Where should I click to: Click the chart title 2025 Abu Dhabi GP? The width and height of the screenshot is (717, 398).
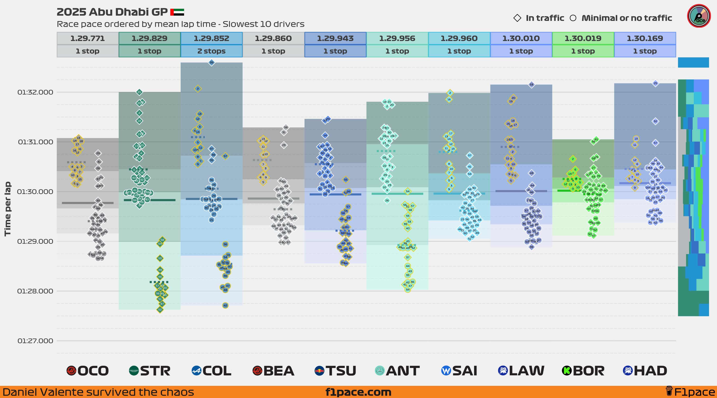112,12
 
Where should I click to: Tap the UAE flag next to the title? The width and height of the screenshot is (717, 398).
177,12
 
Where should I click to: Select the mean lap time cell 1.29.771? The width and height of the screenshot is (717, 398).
87,38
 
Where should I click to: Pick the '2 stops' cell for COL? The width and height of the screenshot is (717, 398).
211,51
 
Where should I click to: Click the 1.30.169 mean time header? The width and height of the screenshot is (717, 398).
645,38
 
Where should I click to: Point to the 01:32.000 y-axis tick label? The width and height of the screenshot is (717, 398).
35,92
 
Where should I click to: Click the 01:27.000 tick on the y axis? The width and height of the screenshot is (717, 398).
35,341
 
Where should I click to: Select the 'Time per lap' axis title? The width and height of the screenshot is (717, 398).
8,209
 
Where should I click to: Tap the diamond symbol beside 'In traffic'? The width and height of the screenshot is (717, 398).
517,18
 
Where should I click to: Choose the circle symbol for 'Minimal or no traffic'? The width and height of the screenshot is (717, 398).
573,18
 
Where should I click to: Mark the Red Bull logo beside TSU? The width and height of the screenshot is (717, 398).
319,371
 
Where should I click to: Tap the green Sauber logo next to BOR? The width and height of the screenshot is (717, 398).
567,371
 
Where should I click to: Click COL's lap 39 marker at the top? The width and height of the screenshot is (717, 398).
212,62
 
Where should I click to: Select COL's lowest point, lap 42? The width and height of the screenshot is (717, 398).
225,305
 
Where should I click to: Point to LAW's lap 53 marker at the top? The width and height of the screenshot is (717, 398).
531,85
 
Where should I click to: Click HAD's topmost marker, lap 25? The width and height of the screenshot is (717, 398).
655,83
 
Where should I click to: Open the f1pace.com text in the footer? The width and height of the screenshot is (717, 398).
358,392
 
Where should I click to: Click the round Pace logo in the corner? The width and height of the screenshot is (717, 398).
699,16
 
